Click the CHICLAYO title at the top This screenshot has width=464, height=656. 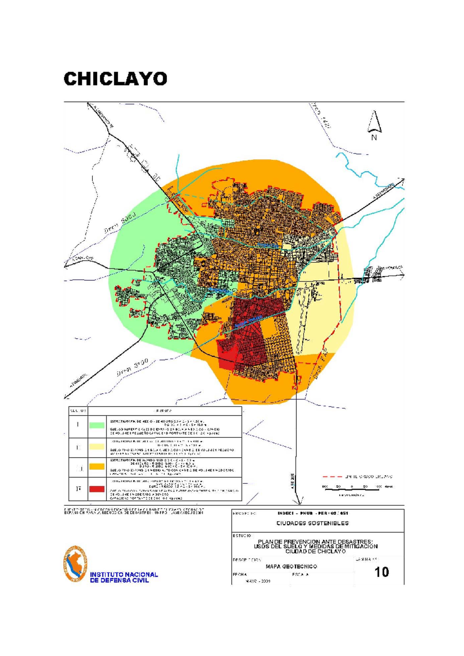pos(115,79)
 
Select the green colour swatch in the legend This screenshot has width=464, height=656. pos(97,425)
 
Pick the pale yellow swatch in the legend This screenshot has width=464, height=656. pos(97,447)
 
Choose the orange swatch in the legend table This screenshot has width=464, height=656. pos(97,467)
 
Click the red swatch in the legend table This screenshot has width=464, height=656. pos(97,489)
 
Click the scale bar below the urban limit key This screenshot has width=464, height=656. pos(352,489)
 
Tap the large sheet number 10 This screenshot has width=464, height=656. pos(381,572)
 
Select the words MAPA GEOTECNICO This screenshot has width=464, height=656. pos(291,566)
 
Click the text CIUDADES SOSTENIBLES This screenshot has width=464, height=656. pos(312,523)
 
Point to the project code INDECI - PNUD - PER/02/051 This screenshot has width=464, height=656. pos(312,513)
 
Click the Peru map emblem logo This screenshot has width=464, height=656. pos(75,564)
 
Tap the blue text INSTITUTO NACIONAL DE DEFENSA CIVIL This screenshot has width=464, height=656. pos(124,577)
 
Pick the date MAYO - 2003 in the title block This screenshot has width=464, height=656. pos(258,581)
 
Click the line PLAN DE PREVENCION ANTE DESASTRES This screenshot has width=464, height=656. pos(315,542)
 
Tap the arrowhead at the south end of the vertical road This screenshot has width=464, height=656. pos(299,502)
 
